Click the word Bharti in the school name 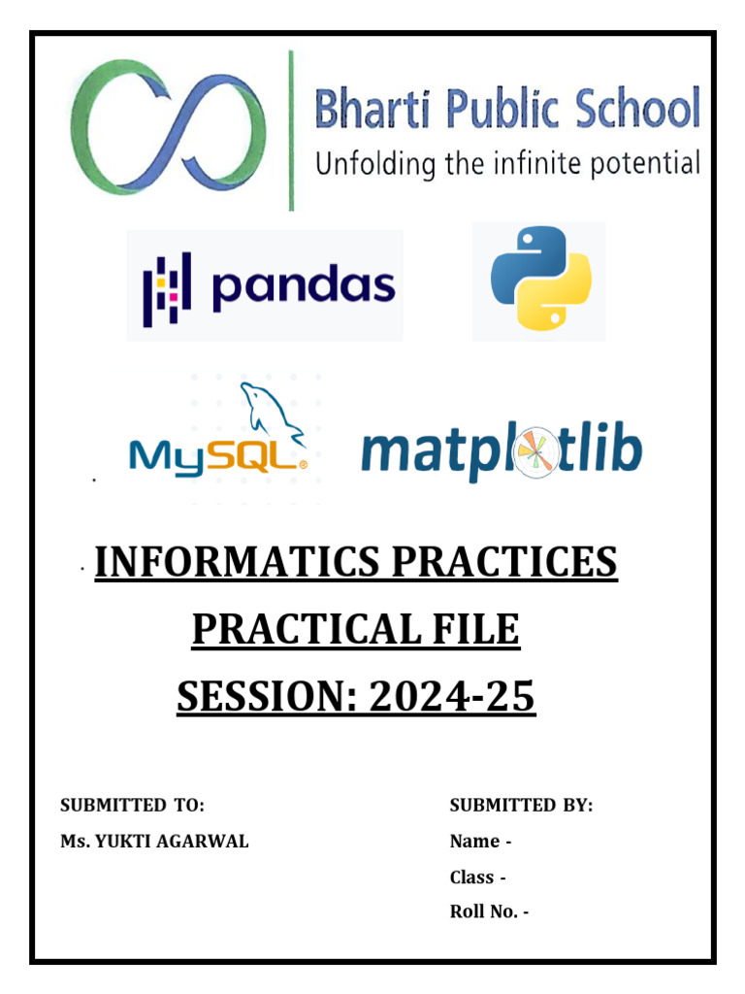376,109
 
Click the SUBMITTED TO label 133,805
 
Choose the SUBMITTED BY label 521,805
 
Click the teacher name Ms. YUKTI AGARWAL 154,842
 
